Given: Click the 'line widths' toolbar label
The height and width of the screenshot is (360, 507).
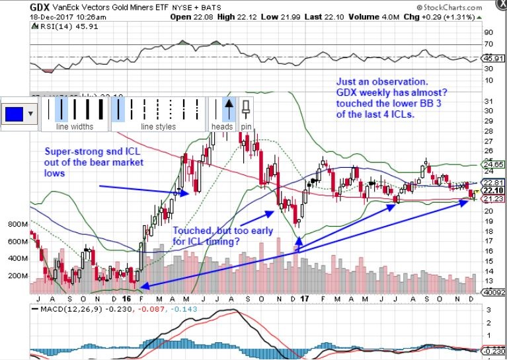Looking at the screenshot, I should pos(73,126).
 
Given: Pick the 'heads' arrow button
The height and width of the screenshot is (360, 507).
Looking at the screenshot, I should pos(222,126).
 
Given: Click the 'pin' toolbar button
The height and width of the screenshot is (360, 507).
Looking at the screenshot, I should pos(247,126).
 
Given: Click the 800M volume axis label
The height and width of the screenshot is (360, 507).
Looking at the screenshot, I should pos(15,225).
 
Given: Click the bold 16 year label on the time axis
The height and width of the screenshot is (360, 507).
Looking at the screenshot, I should pos(135,299).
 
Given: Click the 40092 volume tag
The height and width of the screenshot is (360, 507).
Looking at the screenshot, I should pos(493,291).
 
